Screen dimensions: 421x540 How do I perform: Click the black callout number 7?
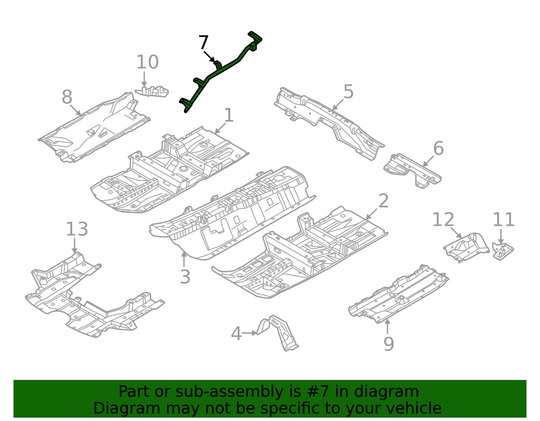204,43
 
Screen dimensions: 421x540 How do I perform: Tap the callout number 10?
147,62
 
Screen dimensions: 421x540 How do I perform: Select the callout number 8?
67,97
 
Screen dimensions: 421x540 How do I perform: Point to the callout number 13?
77,229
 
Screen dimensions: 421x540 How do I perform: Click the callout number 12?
443,220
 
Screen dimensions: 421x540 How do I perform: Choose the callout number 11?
503,220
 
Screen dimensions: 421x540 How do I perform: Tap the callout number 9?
388,344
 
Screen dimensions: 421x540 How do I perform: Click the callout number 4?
236,334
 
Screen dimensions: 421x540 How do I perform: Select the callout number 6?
438,149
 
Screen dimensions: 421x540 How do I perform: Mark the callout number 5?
348,92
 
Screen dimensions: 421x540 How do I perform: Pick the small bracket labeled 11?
502,251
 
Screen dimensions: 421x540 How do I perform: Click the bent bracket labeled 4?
278,332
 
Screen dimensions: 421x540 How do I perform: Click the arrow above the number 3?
184,260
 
